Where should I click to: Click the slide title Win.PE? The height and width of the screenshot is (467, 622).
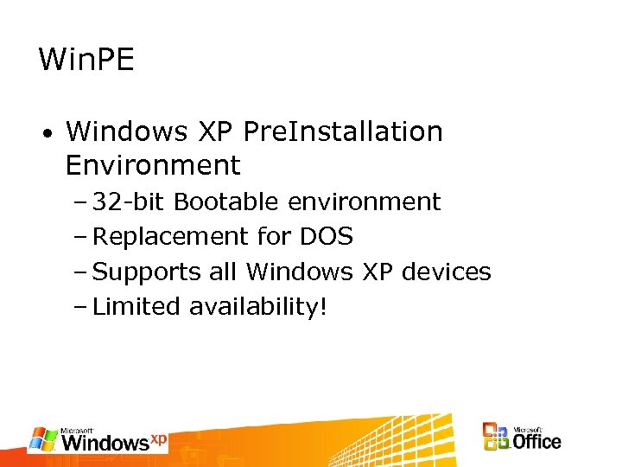coord(87,60)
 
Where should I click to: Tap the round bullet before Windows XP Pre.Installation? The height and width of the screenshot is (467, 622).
coord(51,135)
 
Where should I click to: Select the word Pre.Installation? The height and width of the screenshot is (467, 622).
coord(343,132)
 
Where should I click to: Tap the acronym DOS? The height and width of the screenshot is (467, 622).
coord(327,237)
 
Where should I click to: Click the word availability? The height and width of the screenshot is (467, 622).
coord(254,307)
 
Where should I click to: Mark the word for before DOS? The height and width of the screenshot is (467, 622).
coord(276,237)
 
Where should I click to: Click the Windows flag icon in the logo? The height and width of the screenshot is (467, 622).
coord(43,439)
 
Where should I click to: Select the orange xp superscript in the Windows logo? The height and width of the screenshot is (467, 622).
coord(159,438)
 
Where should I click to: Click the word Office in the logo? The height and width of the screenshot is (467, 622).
coord(536,442)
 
